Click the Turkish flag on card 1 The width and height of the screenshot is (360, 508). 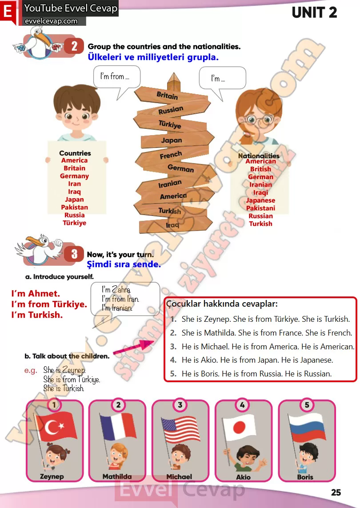56,427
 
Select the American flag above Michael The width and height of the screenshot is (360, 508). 181,430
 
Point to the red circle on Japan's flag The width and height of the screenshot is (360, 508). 239,428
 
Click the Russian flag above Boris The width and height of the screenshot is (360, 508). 307,428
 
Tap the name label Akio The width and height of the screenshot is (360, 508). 243,477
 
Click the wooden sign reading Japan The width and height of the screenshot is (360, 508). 177,140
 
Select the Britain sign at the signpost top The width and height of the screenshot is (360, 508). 171,95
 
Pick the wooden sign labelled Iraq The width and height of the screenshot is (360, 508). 176,224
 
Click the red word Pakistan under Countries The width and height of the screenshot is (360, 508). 75,207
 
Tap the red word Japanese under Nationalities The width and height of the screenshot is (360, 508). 260,200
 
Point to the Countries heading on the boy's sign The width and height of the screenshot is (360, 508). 75,153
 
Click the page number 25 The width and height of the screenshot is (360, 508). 336,492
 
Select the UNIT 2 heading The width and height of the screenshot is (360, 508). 314,12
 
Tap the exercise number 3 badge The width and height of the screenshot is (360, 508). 74,254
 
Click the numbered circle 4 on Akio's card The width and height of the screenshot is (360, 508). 242,404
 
